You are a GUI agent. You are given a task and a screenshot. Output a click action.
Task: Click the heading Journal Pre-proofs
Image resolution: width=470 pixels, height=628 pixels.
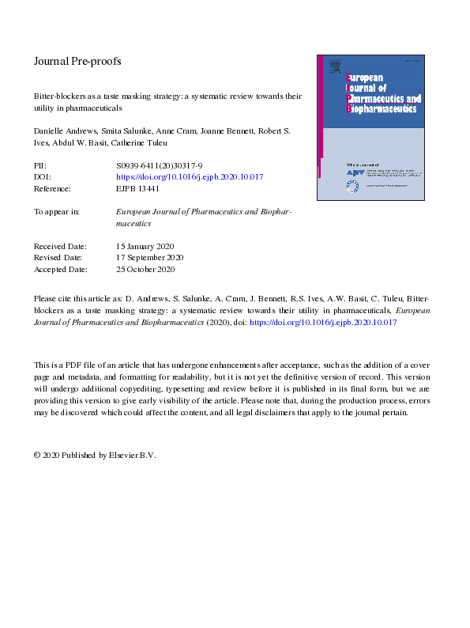point(77,61)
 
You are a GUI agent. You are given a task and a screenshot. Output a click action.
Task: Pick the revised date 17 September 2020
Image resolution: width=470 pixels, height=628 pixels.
point(150,258)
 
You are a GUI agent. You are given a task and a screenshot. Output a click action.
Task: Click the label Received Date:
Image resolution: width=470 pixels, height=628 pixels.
point(60,246)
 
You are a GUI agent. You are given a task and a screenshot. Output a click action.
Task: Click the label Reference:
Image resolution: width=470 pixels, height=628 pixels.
point(52,189)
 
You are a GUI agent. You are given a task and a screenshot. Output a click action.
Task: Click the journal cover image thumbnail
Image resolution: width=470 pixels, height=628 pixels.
point(370,127)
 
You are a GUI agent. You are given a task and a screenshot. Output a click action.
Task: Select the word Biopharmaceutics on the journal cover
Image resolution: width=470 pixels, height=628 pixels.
point(383,108)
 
